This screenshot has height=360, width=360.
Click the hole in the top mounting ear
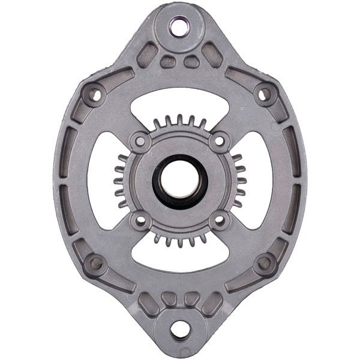pos(179,26)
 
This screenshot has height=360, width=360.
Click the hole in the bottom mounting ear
pos(179,329)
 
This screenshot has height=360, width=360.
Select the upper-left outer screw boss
pos(94,94)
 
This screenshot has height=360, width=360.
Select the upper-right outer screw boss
pos(264,94)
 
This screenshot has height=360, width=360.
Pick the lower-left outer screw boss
pos(95,263)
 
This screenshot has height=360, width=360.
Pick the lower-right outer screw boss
pos(264,263)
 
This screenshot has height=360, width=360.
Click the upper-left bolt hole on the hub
pos(140,142)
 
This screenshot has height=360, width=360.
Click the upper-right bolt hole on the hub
pos(220,141)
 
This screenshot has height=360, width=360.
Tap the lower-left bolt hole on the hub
pos(140,220)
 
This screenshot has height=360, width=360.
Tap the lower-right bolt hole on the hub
pos(220,220)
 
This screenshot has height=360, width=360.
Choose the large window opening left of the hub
pos(102,180)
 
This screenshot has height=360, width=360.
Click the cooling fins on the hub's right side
pos(239,180)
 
